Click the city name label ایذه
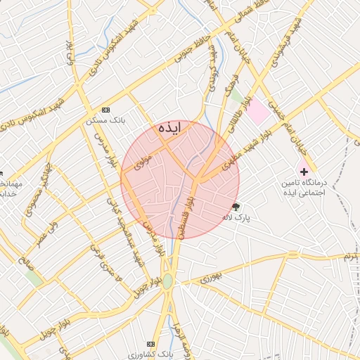(169, 128)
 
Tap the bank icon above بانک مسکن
(106, 110)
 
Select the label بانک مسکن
(106, 120)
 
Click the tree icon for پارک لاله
(236, 207)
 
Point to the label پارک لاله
(238, 218)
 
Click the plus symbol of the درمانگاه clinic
(304, 171)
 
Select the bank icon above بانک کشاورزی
(150, 344)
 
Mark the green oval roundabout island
(167, 281)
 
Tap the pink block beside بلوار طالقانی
(257, 110)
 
